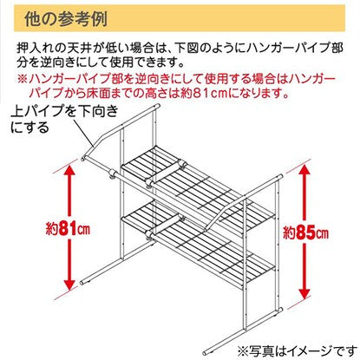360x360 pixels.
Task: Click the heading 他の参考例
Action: tap(66, 19)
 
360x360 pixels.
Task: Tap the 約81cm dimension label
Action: tap(69, 229)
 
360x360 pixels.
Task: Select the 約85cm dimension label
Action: tap(306, 233)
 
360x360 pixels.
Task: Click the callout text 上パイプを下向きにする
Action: tap(64, 119)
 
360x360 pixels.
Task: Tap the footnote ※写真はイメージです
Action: tap(297, 351)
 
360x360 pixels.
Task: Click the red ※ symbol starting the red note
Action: tap(23, 79)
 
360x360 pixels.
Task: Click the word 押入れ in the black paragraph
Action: tap(35, 48)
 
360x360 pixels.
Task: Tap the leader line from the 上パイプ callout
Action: tap(83, 132)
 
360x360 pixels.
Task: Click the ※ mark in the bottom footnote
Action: tap(243, 351)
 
